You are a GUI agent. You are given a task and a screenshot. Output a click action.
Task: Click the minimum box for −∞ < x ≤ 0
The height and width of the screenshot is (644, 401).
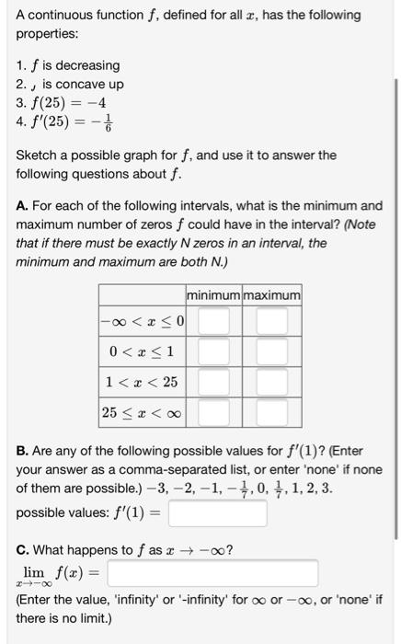click(x=212, y=323)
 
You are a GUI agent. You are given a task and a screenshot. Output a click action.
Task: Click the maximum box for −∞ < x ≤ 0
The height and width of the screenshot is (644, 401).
click(x=271, y=323)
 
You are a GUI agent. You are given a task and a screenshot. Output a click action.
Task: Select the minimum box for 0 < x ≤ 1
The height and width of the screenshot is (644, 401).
click(x=212, y=351)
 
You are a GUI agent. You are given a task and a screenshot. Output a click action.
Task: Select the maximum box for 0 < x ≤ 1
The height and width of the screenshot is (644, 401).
click(x=271, y=351)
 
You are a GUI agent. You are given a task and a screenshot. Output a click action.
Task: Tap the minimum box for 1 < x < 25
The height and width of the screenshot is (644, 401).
click(x=212, y=382)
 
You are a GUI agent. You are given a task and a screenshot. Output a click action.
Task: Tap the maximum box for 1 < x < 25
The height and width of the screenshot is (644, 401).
click(x=271, y=382)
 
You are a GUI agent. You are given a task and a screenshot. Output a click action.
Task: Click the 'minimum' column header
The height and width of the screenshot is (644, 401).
click(x=213, y=295)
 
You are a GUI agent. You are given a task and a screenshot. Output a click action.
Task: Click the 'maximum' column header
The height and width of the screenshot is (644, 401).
click(x=271, y=295)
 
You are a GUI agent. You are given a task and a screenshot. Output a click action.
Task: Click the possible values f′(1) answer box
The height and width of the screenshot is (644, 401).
click(x=217, y=512)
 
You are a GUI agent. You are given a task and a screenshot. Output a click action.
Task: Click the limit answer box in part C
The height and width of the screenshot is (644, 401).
click(x=212, y=574)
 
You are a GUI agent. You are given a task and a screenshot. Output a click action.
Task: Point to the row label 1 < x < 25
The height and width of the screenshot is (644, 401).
click(x=139, y=382)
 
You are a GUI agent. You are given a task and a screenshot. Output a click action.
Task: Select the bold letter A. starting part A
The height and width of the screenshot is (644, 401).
click(x=23, y=205)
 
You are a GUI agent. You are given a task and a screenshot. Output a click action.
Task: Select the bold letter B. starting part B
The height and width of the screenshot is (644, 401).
click(x=23, y=452)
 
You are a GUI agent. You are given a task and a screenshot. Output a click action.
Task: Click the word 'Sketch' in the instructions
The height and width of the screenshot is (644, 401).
click(x=36, y=155)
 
